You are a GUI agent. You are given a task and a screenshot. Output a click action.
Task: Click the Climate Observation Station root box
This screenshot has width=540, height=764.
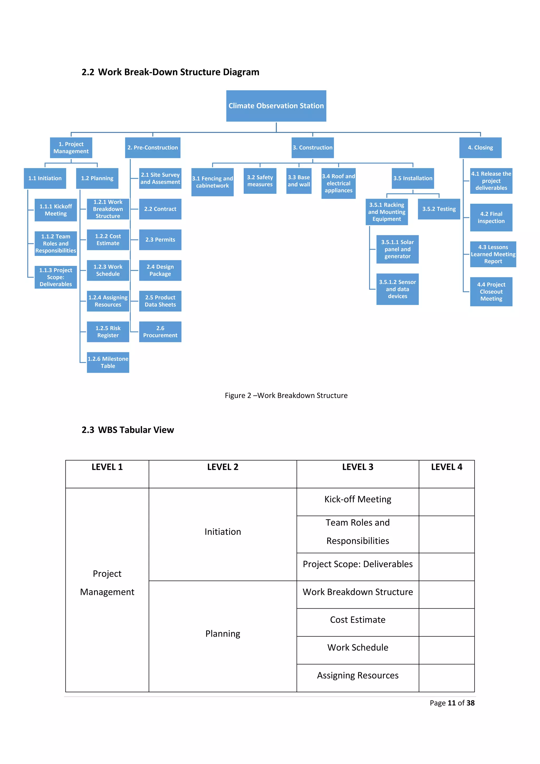(x=276, y=106)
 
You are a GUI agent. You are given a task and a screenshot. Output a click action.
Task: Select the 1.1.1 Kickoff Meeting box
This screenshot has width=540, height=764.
(x=56, y=210)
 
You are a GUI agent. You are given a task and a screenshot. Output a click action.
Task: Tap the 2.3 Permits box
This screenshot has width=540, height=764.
(x=160, y=240)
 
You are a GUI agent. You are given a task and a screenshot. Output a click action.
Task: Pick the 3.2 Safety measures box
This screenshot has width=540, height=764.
(x=260, y=181)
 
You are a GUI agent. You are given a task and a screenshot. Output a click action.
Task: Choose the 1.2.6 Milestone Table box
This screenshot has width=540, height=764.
(x=108, y=362)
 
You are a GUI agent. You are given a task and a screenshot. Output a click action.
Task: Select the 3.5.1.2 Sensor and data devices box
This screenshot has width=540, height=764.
(x=397, y=289)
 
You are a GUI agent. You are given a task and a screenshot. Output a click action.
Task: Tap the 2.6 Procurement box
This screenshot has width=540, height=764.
(x=160, y=332)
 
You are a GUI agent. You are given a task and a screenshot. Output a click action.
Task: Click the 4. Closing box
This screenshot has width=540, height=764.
(x=480, y=147)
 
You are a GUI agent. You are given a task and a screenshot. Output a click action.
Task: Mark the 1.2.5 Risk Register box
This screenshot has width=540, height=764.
(x=108, y=332)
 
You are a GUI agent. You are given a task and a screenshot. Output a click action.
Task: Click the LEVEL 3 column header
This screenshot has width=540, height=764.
(x=358, y=467)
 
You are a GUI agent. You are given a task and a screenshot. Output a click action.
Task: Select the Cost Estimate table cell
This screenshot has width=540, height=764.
(x=358, y=620)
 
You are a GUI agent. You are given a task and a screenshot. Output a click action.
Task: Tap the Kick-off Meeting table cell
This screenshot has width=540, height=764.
(x=358, y=499)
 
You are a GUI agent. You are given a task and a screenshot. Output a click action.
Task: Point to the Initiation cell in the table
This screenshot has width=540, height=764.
(x=223, y=532)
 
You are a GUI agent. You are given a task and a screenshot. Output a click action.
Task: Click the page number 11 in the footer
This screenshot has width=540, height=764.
(x=452, y=703)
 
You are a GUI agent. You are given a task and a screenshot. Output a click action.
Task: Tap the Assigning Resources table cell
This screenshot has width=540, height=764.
(x=358, y=675)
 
